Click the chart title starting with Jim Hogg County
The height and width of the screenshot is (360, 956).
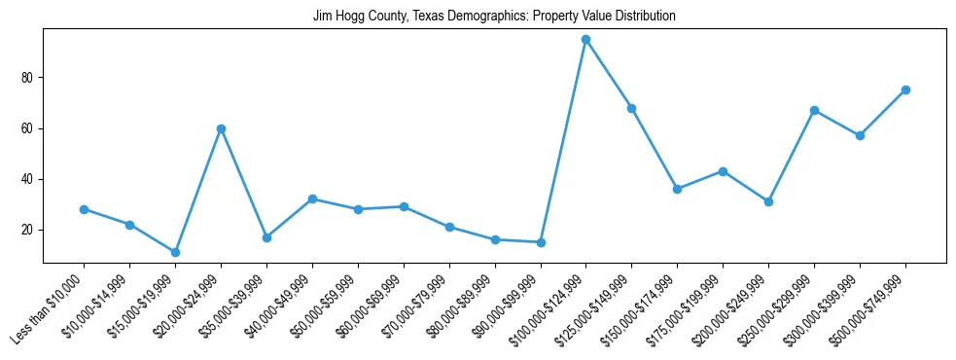[x=494, y=17]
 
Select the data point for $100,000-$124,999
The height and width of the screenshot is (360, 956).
[x=586, y=40]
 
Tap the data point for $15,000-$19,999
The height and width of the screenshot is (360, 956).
[x=175, y=252]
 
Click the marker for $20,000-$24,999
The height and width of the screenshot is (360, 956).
[x=221, y=128]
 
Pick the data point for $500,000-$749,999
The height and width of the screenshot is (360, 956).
[x=905, y=90]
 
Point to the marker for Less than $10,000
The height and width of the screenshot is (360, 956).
[x=84, y=209]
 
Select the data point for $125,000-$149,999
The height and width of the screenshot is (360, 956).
[x=632, y=108]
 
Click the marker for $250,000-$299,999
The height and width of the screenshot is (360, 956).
[x=814, y=110]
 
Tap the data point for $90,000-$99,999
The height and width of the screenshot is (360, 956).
[x=541, y=242]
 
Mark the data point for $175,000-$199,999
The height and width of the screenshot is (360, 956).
[x=723, y=171]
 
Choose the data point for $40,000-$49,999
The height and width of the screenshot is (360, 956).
[x=312, y=198]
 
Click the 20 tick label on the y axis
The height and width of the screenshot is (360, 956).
[x=29, y=230]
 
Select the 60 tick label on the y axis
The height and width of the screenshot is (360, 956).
[x=29, y=128]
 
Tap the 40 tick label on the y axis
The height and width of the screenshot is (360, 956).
[x=29, y=179]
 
